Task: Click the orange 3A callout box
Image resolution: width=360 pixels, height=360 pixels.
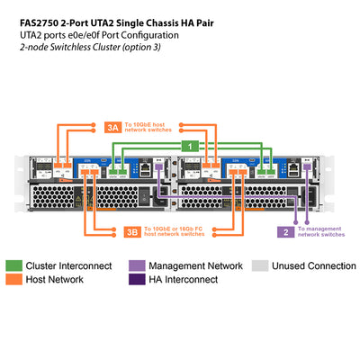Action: point(112,127)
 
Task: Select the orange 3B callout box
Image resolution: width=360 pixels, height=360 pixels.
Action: point(131,232)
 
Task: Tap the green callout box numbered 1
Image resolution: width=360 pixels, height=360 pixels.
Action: point(190,145)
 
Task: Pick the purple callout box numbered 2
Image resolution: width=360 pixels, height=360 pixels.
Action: point(286,231)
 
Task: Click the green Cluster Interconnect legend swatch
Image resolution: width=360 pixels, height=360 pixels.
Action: point(14,266)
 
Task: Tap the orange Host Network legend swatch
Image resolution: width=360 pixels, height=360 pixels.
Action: point(14,280)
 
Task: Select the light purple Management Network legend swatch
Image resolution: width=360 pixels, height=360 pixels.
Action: point(136,266)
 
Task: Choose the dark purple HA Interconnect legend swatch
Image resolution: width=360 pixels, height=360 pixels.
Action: point(136,280)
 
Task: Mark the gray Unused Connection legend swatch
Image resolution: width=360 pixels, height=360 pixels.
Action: point(258,266)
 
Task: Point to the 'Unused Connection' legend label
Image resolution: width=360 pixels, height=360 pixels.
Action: point(312,266)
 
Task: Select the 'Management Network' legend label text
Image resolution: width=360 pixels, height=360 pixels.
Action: point(195,266)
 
